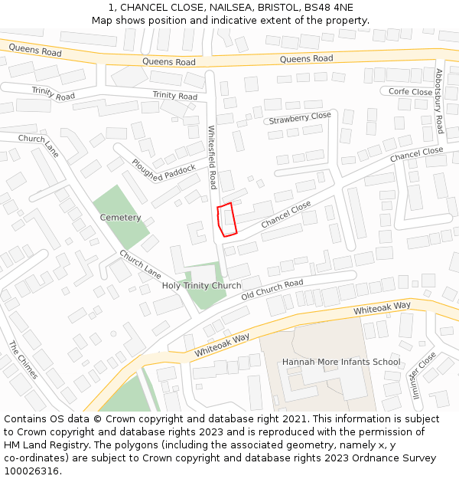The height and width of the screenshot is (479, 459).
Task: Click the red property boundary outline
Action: [x=226, y=219]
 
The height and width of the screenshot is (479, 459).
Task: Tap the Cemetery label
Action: [x=120, y=218]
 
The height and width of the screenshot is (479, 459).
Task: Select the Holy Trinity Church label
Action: [x=201, y=286]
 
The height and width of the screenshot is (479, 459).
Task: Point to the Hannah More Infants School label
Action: [x=341, y=362]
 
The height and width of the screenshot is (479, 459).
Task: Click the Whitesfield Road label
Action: [x=213, y=158]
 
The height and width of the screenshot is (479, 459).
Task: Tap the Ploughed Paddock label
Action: [x=163, y=172]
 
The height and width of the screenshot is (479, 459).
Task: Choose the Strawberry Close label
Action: [x=299, y=118]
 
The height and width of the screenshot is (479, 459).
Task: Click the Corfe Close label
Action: [x=410, y=92]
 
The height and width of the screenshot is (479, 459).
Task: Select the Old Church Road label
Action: [x=272, y=290]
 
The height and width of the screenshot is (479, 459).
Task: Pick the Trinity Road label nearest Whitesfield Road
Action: [x=174, y=96]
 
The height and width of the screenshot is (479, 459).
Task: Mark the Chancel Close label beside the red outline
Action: [x=286, y=215]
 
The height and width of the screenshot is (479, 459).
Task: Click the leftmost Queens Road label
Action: [x=35, y=51]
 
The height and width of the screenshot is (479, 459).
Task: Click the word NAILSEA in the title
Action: [x=203, y=8]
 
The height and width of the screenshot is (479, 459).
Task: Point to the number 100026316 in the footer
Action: [x=32, y=471]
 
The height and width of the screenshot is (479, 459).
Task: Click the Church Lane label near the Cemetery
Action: [x=140, y=264]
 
